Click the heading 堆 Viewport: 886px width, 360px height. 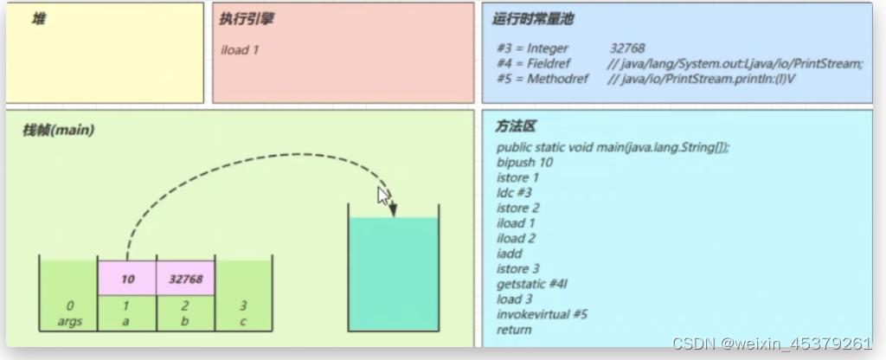(38, 19)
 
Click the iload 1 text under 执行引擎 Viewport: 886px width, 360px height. (241, 50)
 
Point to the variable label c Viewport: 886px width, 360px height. (243, 322)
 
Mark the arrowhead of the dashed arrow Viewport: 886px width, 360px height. (393, 209)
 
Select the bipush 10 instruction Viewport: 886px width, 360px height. (525, 162)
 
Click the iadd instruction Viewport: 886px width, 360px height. (510, 254)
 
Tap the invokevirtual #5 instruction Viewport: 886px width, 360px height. (543, 314)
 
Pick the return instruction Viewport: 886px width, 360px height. (514, 330)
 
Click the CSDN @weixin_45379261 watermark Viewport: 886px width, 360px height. (772, 343)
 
